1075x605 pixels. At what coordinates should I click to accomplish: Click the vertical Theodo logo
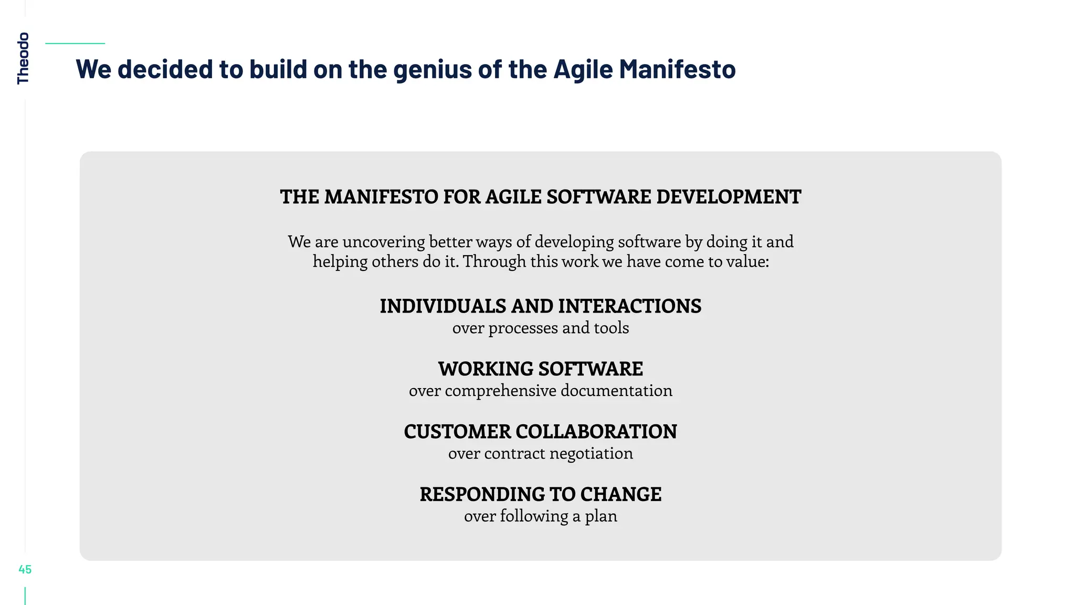tap(23, 58)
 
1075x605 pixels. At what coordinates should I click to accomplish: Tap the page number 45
tap(25, 569)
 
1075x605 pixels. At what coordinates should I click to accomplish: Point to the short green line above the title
tap(75, 44)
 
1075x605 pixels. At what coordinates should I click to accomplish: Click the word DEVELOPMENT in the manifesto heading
tap(729, 197)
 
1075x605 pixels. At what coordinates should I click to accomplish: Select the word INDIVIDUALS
tap(443, 306)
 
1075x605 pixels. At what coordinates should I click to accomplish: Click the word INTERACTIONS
tap(629, 306)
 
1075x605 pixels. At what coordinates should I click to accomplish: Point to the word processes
tap(523, 328)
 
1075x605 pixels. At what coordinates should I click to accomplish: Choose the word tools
tap(611, 328)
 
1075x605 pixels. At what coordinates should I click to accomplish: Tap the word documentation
tap(616, 391)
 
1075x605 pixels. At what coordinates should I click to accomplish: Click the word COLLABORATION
tap(596, 432)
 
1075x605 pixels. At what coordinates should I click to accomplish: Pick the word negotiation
tap(591, 454)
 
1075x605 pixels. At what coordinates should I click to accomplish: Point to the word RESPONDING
tap(481, 494)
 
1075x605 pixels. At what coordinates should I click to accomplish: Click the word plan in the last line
tap(601, 516)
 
